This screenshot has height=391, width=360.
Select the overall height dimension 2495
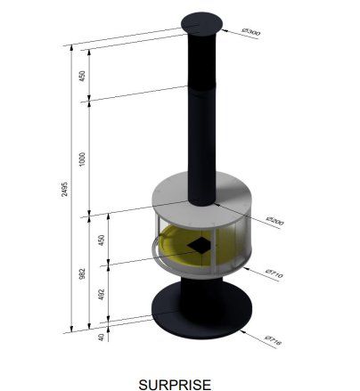pyautogui.click(x=64, y=189)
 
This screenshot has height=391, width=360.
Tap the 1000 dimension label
pyautogui.click(x=82, y=159)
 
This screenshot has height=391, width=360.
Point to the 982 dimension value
pyautogui.click(x=82, y=273)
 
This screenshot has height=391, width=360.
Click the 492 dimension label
pyautogui.click(x=102, y=294)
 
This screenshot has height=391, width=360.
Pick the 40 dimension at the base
pyautogui.click(x=101, y=337)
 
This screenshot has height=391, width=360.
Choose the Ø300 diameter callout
pyautogui.click(x=251, y=31)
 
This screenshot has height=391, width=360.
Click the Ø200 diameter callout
pyautogui.click(x=275, y=221)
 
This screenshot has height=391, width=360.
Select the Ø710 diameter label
pyautogui.click(x=274, y=273)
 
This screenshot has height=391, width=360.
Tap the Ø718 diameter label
pyautogui.click(x=273, y=341)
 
